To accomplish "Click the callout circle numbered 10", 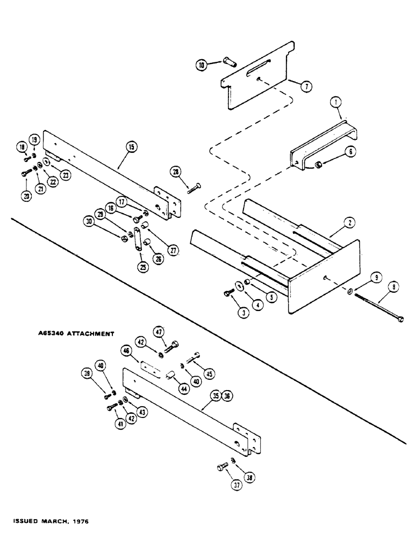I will coord(202,65).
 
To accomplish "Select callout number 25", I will coord(142,266).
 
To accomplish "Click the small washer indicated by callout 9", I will coord(350,292).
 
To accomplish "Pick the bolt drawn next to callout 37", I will coord(223,468).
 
